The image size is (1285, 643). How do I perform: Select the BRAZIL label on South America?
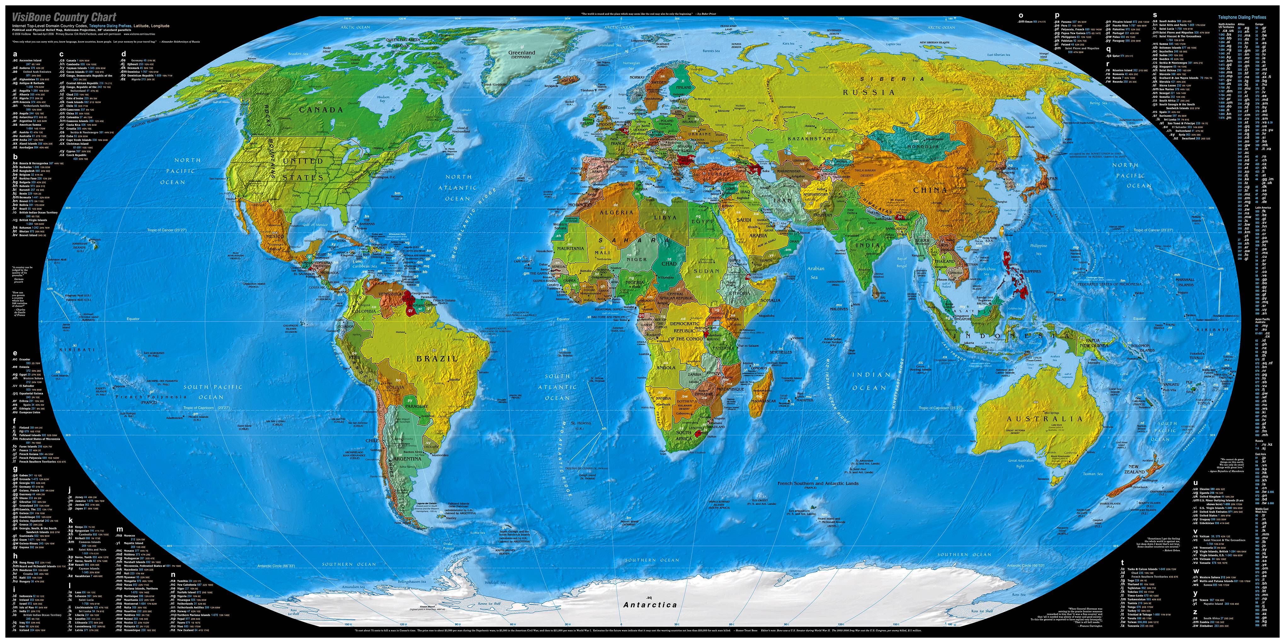pyautogui.click(x=437, y=358)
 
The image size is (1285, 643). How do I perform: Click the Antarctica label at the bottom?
pyautogui.click(x=650, y=605)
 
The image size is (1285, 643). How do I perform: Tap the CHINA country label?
pyautogui.click(x=930, y=190)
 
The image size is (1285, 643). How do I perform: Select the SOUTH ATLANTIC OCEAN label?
pyautogui.click(x=557, y=387)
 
